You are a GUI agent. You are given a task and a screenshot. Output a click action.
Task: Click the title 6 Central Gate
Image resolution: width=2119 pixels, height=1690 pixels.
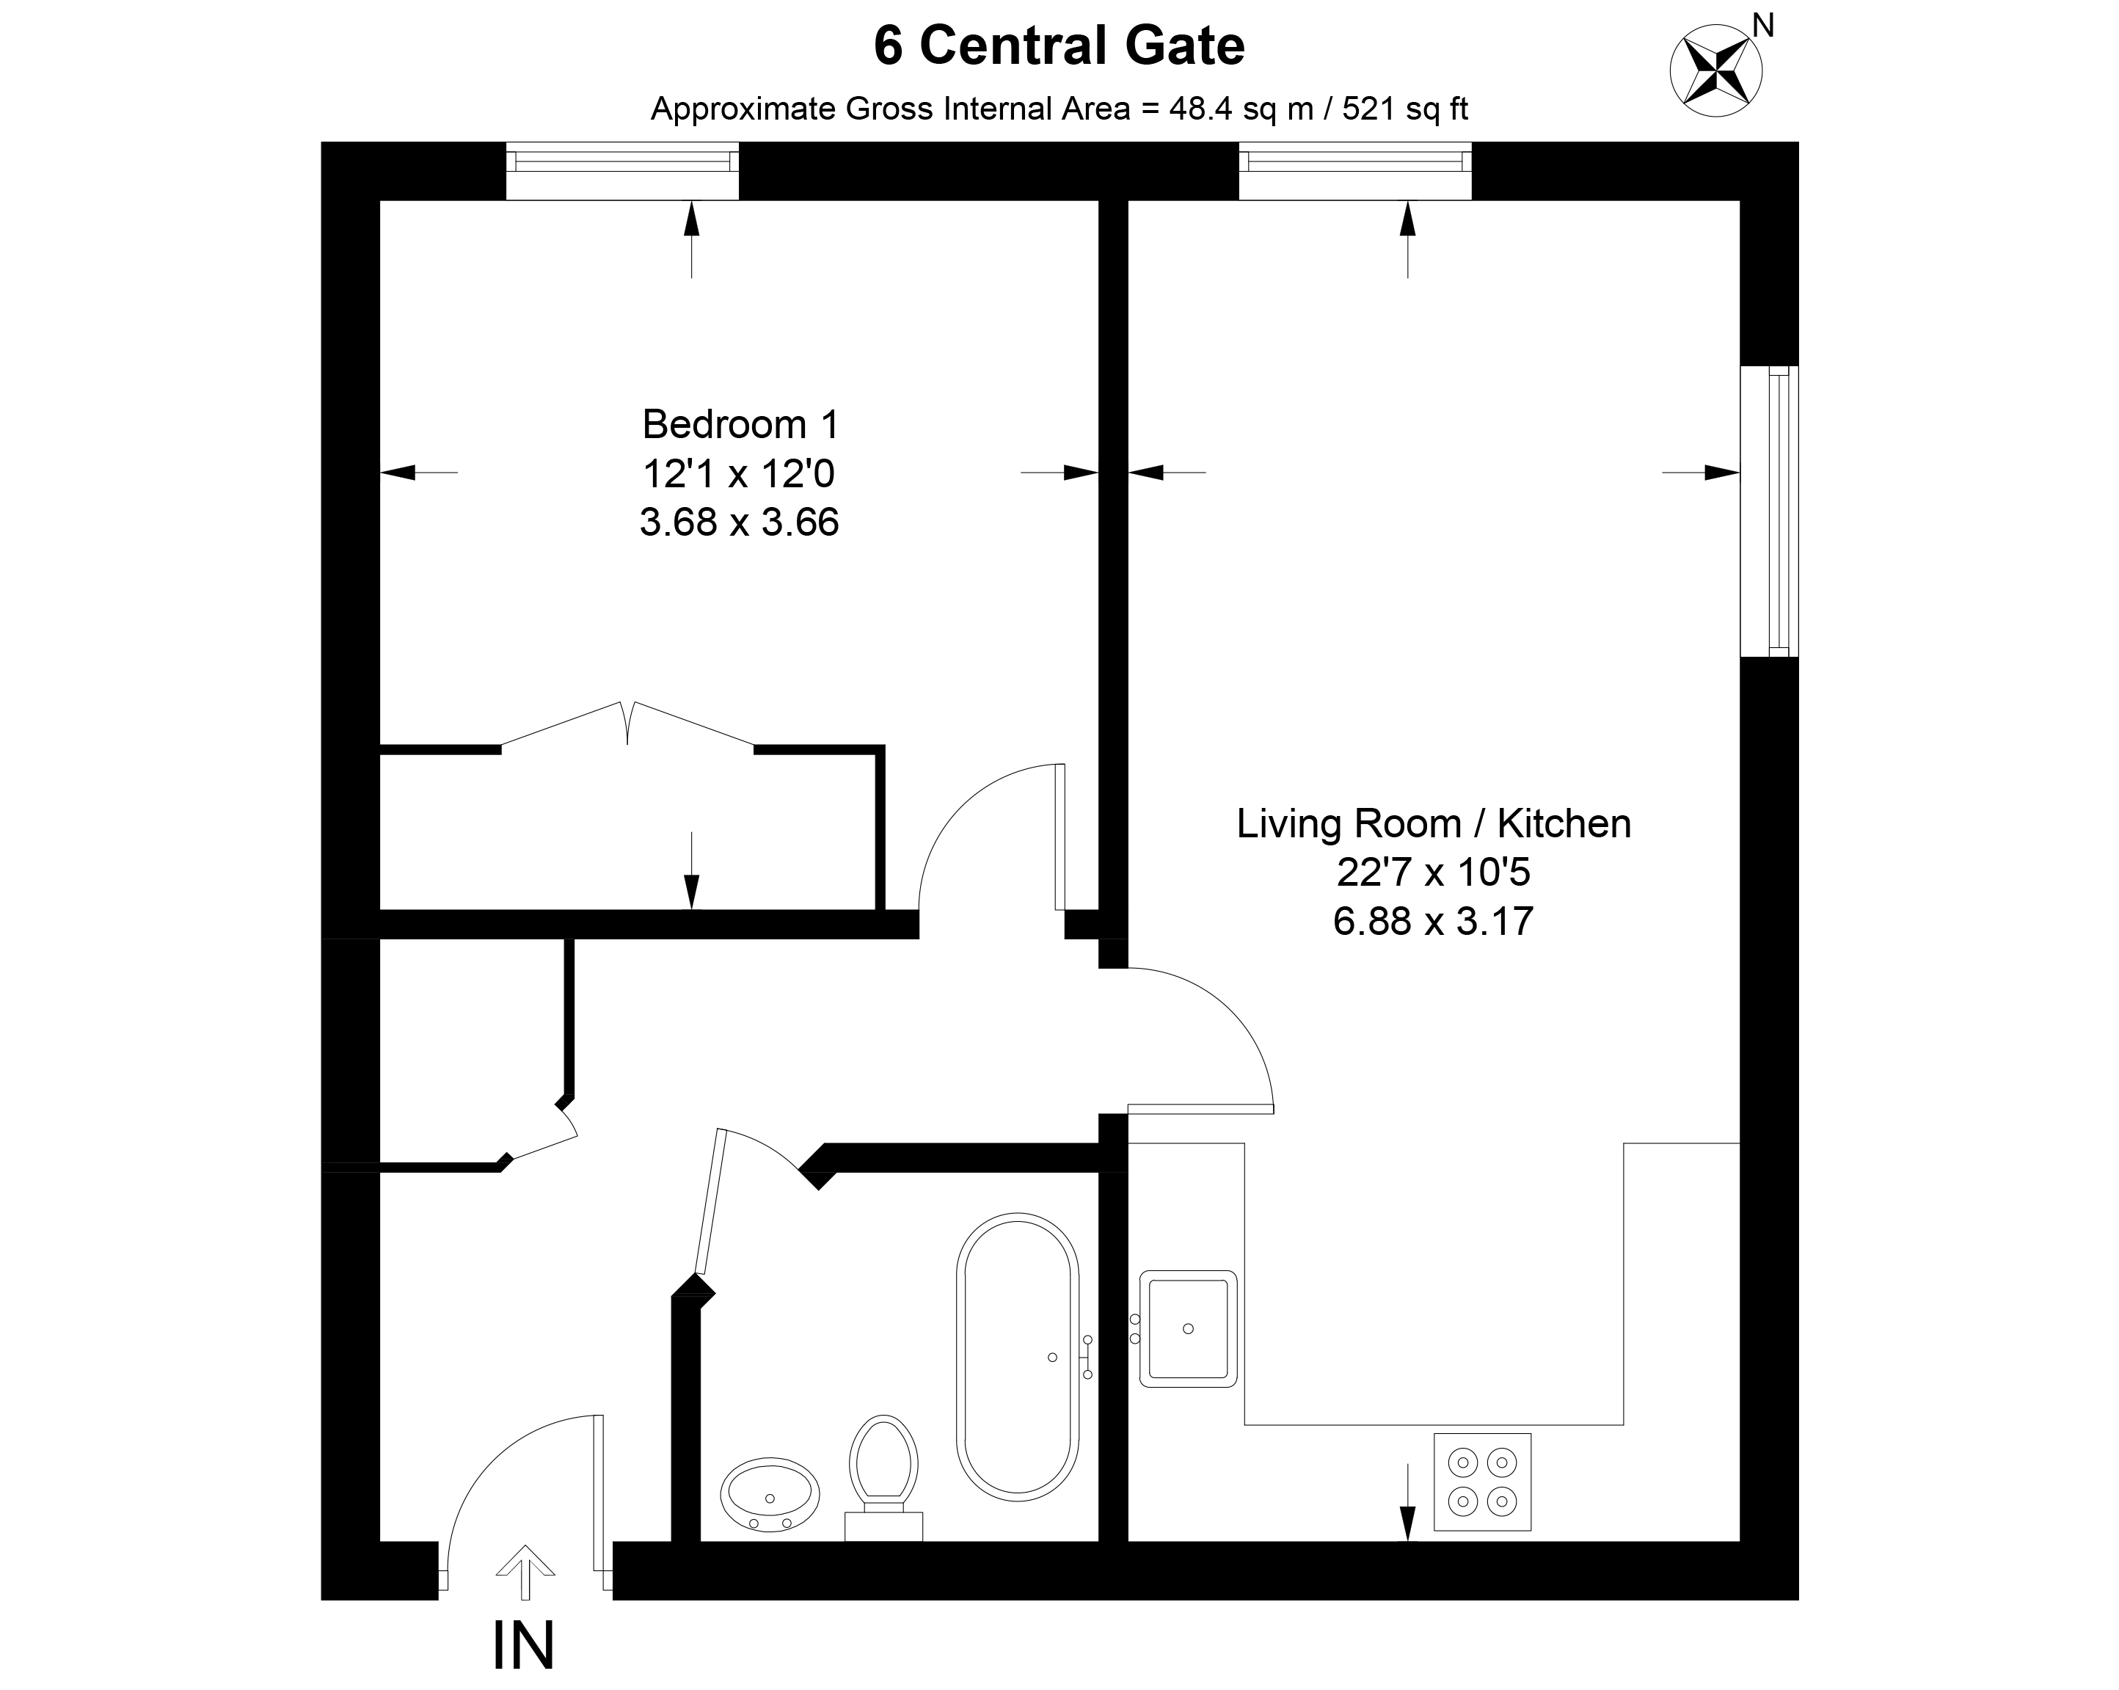[1059, 47]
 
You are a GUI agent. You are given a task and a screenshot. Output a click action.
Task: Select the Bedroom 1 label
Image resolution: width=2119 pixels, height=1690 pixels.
[740, 425]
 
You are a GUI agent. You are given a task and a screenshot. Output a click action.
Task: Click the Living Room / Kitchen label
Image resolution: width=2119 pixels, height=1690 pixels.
[1433, 824]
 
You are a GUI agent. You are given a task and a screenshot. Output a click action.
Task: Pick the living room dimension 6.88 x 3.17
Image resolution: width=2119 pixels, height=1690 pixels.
[1433, 921]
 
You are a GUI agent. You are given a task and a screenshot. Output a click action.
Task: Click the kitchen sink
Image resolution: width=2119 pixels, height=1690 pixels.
[1187, 1328]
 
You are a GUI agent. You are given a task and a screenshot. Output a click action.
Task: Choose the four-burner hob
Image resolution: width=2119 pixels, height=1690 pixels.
[1481, 1482]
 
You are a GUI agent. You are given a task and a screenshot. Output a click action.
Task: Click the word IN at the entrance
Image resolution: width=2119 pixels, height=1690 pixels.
[523, 1646]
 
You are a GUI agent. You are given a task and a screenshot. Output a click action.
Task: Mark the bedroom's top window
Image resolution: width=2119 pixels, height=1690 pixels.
[622, 171]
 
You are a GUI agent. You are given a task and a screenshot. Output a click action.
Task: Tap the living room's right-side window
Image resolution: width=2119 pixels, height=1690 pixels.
[1769, 511]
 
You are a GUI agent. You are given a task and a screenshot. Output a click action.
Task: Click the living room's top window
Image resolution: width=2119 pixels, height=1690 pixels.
[1354, 171]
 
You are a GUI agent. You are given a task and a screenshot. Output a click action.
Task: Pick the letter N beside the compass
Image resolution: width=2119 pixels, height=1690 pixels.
[1763, 26]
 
